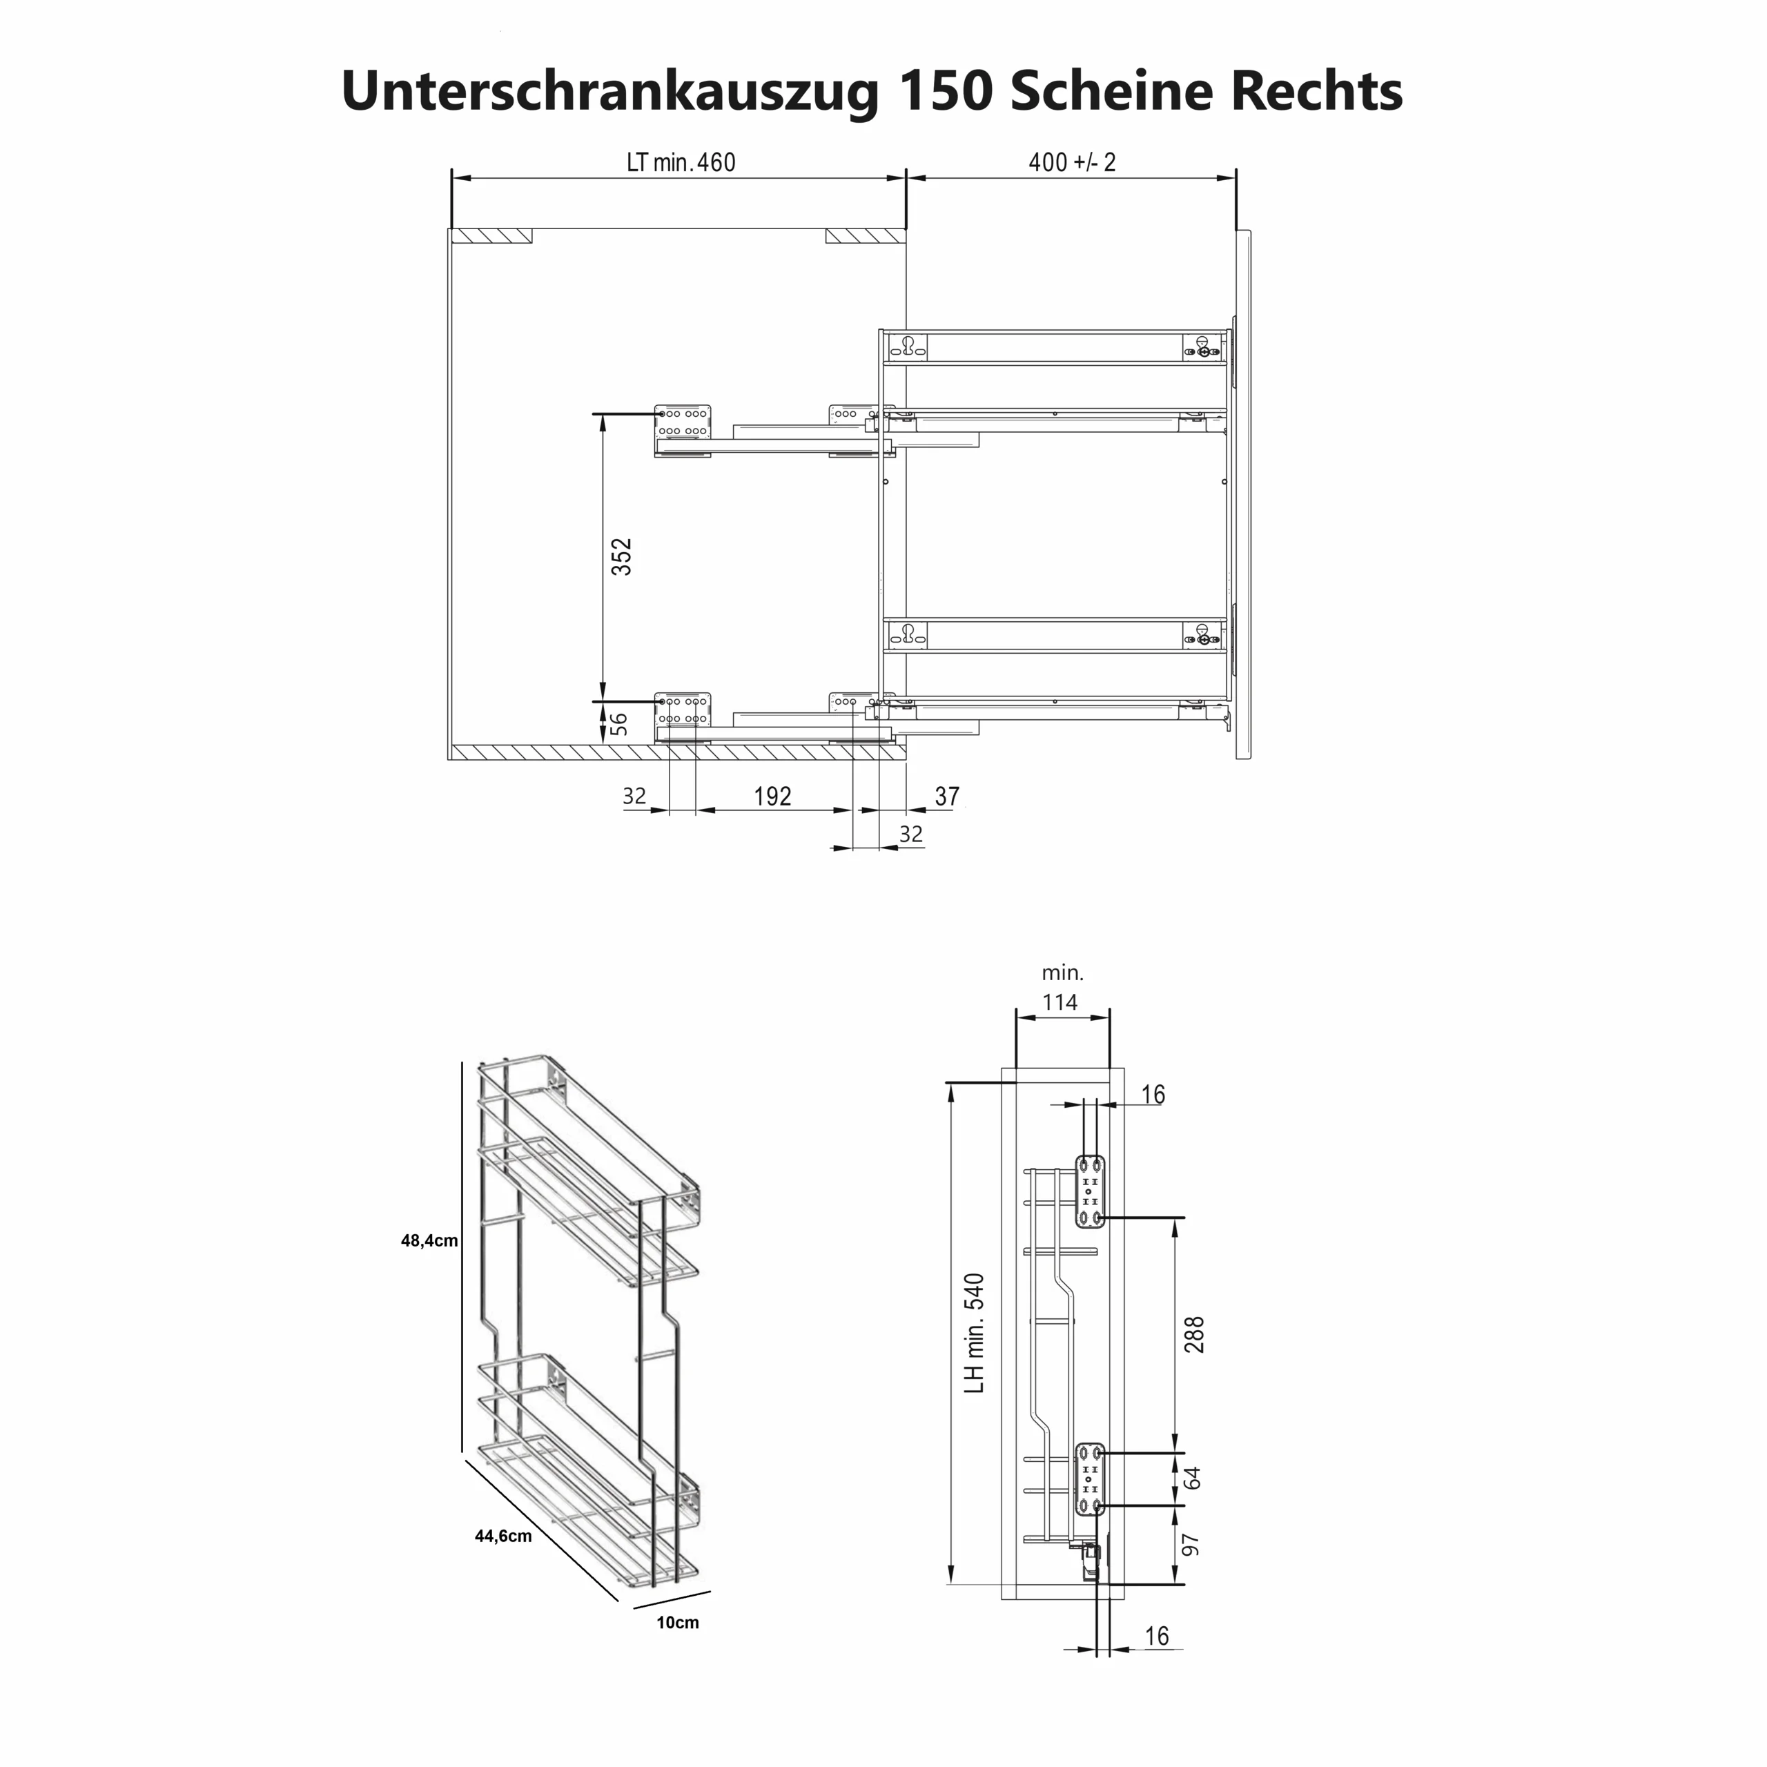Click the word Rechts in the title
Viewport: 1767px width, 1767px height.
[x=1316, y=92]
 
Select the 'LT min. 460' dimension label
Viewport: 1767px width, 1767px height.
[x=681, y=163]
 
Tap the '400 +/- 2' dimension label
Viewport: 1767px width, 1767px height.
[x=1072, y=163]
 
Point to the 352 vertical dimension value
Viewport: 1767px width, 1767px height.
[x=621, y=557]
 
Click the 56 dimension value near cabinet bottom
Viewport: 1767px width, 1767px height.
[x=619, y=723]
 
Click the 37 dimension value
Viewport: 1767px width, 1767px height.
[x=946, y=797]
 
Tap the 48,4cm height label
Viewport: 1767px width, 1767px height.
[x=429, y=1241]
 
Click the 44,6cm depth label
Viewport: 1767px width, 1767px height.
[x=503, y=1536]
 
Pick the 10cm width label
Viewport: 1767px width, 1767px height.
[x=677, y=1623]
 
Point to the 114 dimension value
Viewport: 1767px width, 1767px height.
[x=1060, y=1002]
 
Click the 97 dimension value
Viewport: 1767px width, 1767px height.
[x=1191, y=1545]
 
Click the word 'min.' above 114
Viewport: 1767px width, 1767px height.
[x=1062, y=973]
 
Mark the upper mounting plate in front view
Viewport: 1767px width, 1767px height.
[x=1089, y=1191]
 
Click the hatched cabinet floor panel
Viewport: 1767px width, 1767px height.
[x=677, y=752]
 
